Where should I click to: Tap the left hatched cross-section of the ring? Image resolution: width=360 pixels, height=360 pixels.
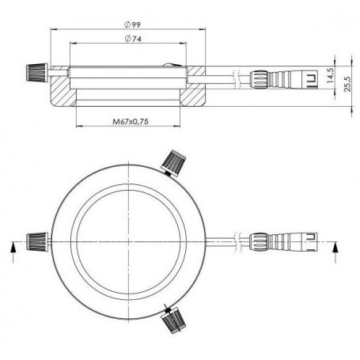click(62, 91)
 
